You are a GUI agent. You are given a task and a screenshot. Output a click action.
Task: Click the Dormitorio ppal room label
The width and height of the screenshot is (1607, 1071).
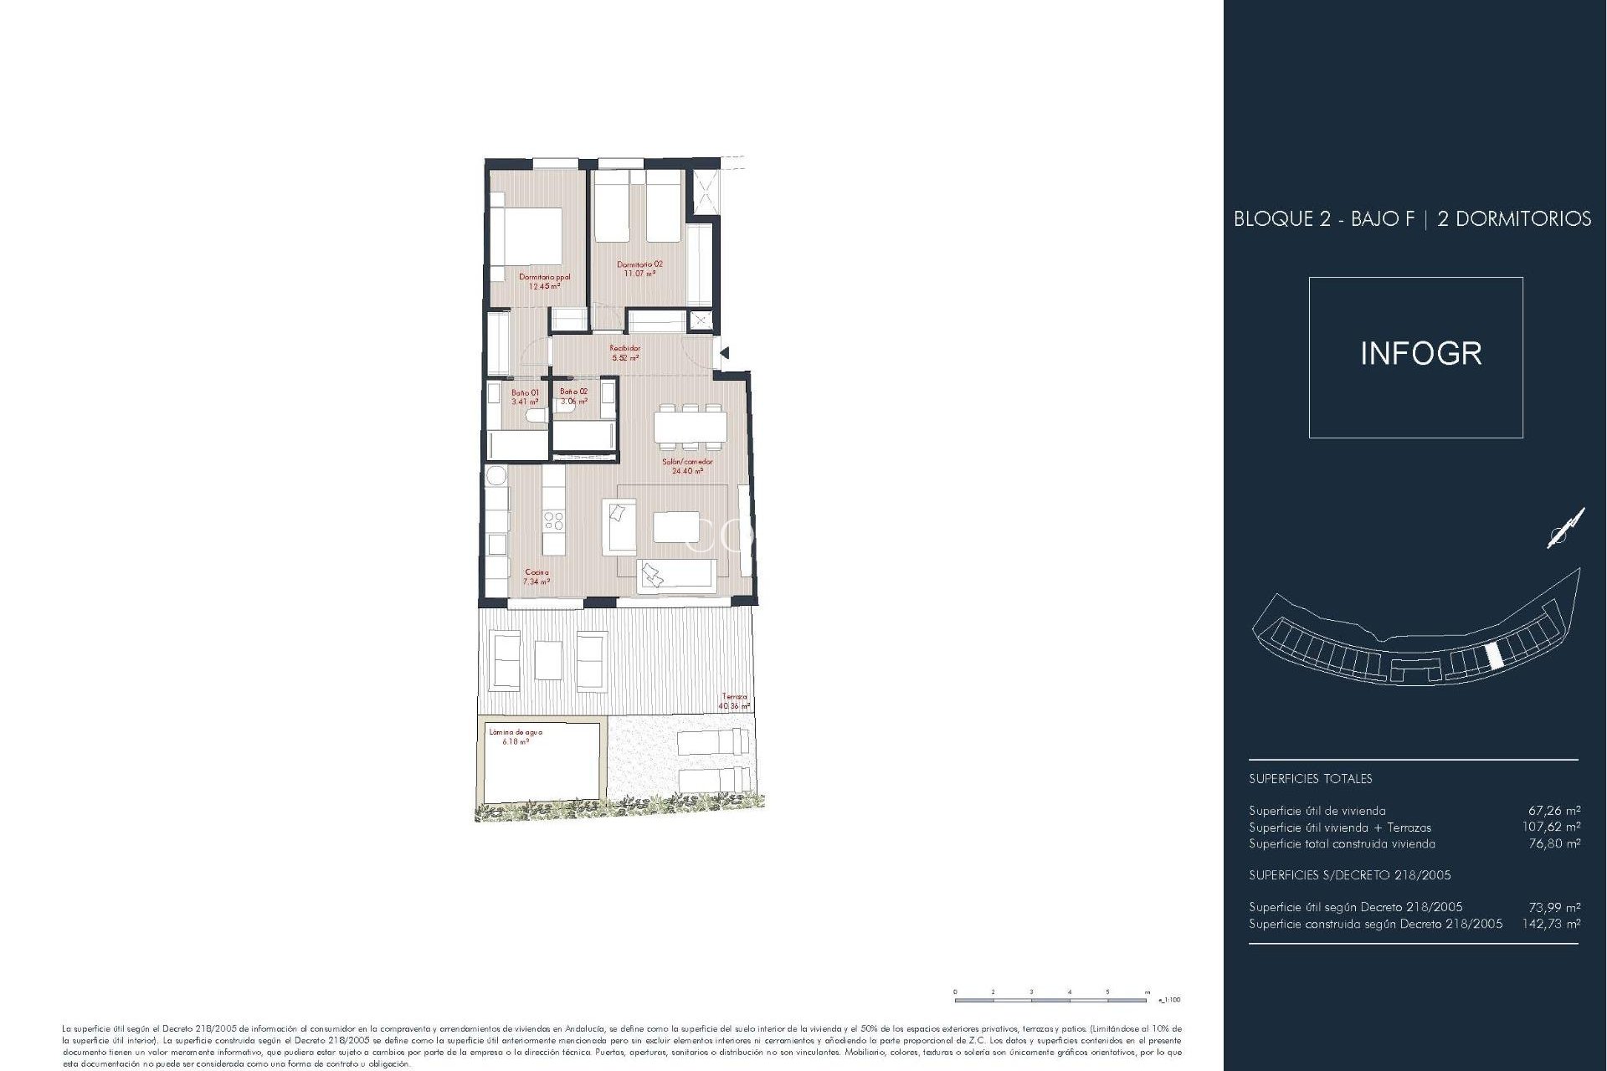544,281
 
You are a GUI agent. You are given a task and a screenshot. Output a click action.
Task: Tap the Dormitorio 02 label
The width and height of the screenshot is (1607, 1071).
639,269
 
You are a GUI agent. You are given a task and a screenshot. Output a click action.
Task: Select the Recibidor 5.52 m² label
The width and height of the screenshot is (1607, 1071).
625,353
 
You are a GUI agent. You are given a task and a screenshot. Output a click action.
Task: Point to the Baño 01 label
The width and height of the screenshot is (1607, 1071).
525,397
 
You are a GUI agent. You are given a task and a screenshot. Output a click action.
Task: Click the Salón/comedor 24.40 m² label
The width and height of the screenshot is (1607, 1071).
687,466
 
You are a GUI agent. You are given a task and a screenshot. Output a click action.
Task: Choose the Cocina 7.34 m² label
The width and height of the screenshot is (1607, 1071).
537,577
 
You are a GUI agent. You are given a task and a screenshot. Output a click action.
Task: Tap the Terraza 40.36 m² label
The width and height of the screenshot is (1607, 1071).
734,701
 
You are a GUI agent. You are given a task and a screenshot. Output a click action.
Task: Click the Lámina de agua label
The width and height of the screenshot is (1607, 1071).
516,736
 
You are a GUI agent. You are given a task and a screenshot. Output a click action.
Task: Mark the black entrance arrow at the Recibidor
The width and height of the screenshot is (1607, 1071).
724,353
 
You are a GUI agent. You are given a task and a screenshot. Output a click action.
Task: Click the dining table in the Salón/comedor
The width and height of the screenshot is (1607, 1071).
689,428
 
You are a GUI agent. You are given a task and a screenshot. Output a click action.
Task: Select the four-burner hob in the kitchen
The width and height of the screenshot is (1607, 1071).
553,521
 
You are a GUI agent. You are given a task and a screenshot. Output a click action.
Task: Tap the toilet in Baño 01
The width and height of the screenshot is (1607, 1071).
533,416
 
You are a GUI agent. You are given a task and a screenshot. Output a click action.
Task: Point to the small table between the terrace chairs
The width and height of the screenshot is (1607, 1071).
548,659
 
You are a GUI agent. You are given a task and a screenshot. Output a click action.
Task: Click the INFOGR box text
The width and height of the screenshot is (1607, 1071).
1420,354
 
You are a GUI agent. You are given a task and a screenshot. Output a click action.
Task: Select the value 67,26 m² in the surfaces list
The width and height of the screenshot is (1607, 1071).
1554,810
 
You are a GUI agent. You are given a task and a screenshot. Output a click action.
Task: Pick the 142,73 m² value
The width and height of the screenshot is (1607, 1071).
1551,924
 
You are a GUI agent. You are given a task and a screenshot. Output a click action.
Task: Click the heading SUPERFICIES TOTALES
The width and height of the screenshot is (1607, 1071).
1310,779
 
